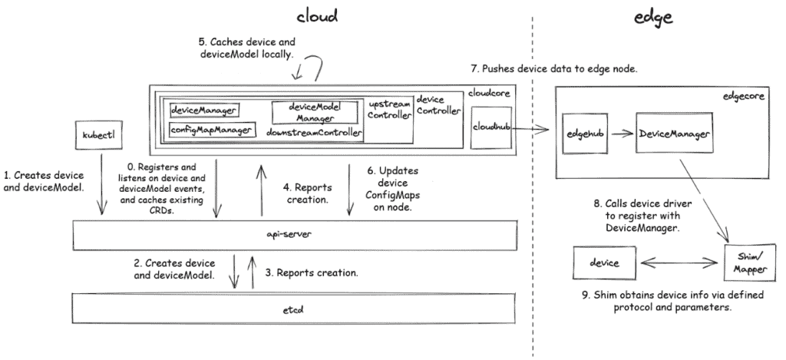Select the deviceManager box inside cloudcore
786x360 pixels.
click(x=203, y=111)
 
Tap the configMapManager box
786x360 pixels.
click(x=211, y=130)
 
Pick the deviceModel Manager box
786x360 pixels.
click(x=315, y=112)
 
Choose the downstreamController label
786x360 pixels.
click(x=314, y=132)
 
